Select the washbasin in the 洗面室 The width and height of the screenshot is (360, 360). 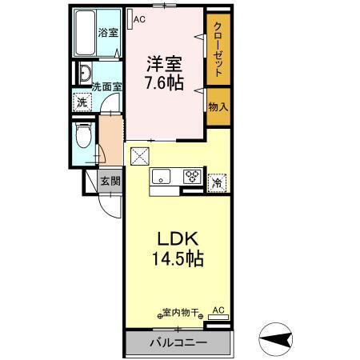(85, 75)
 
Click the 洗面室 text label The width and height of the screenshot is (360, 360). (105, 86)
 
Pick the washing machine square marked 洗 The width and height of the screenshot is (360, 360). (81, 102)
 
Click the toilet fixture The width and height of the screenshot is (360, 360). (81, 137)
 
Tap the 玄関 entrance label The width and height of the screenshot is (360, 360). (110, 181)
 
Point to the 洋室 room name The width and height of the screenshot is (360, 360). (164, 62)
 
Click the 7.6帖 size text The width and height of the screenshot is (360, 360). (164, 82)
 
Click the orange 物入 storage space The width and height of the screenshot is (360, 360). (218, 106)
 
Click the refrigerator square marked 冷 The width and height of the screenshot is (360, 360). (217, 182)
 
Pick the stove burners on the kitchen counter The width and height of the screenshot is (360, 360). (193, 178)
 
